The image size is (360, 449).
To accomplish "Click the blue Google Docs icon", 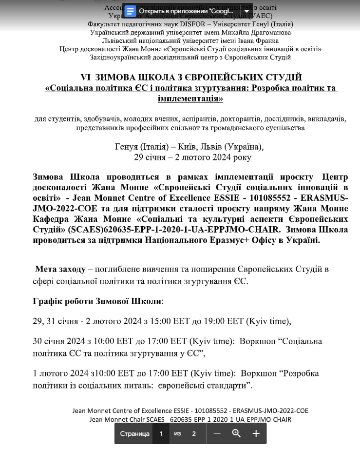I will [131, 11].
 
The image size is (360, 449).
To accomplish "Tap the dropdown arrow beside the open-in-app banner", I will [246, 11].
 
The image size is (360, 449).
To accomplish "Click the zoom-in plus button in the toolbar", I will [256, 433].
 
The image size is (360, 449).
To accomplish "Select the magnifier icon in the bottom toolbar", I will [236, 433].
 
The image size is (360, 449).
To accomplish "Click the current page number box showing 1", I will [161, 433].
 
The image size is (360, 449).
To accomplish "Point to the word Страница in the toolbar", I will [134, 433].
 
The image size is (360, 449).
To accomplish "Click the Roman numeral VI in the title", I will [86, 78].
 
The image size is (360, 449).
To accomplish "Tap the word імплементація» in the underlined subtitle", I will [190, 98].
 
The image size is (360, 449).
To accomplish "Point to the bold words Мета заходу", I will [58, 269].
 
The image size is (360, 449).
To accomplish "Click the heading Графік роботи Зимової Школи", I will [98, 301].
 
